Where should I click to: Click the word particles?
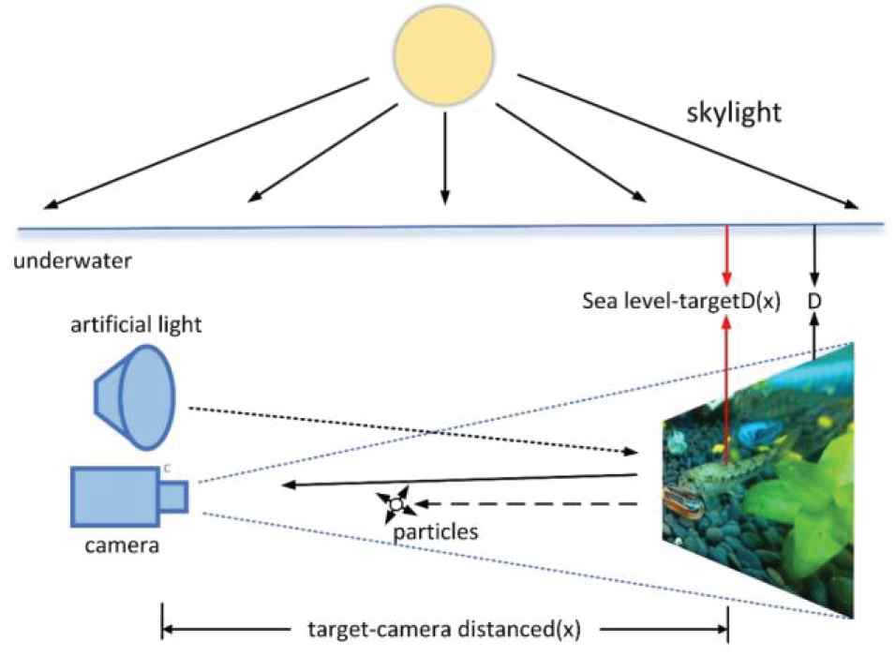pyautogui.click(x=436, y=531)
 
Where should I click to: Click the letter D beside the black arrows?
pyautogui.click(x=813, y=302)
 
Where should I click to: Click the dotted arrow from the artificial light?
pyautogui.click(x=412, y=431)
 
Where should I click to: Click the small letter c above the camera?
pyautogui.click(x=166, y=465)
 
